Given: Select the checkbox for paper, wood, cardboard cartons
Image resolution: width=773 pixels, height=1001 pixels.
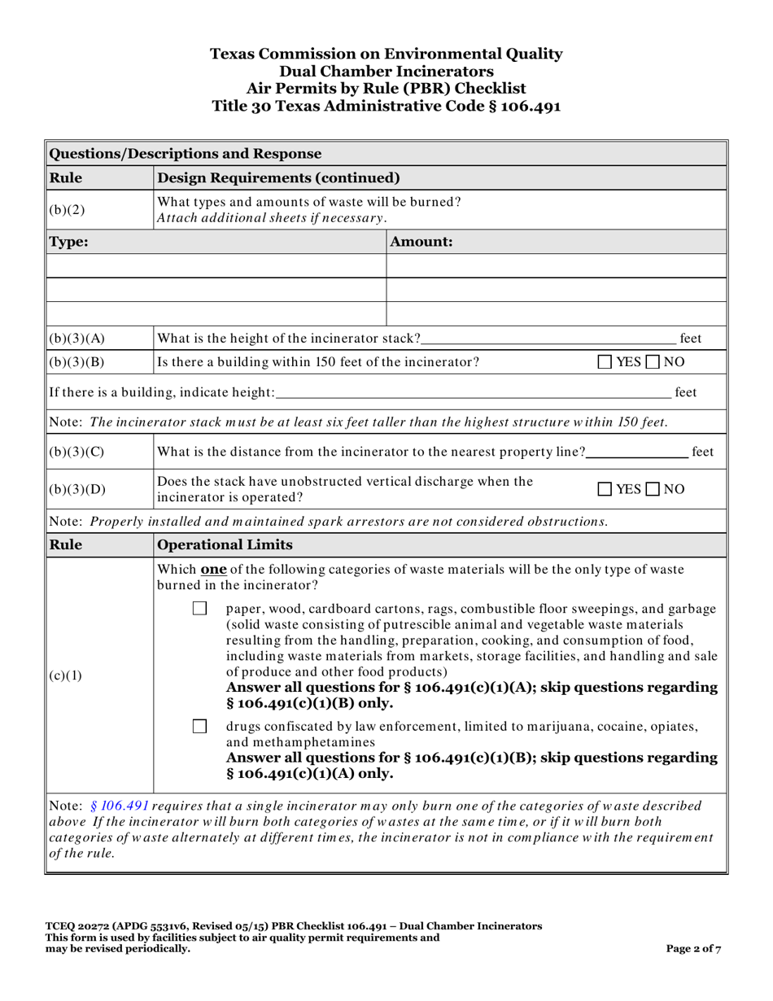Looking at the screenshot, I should pos(200,609).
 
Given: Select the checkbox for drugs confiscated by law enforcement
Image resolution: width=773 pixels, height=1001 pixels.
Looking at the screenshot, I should pos(200,726).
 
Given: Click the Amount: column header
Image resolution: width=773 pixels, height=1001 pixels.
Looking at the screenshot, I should pos(422,242).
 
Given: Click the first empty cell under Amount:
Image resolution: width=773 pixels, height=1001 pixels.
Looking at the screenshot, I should pos(555,265).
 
